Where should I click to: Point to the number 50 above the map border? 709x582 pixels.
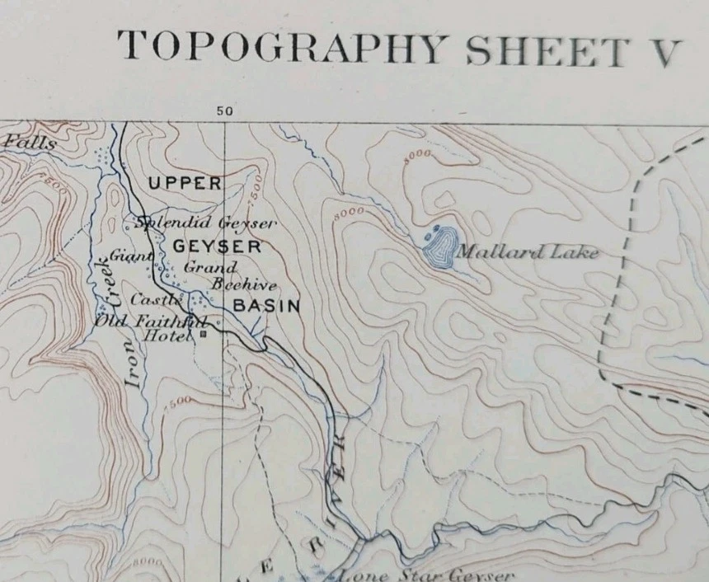[x=224, y=111]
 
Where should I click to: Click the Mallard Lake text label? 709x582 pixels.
[x=527, y=253]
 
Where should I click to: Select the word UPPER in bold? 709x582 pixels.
[x=185, y=183]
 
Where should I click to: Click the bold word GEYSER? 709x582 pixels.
[x=217, y=246]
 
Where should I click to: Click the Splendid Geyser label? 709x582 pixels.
[x=206, y=223]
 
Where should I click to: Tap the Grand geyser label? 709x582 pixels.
[x=209, y=267]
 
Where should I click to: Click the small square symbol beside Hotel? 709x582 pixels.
[x=203, y=336]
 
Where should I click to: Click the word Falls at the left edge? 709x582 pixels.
[x=30, y=143]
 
